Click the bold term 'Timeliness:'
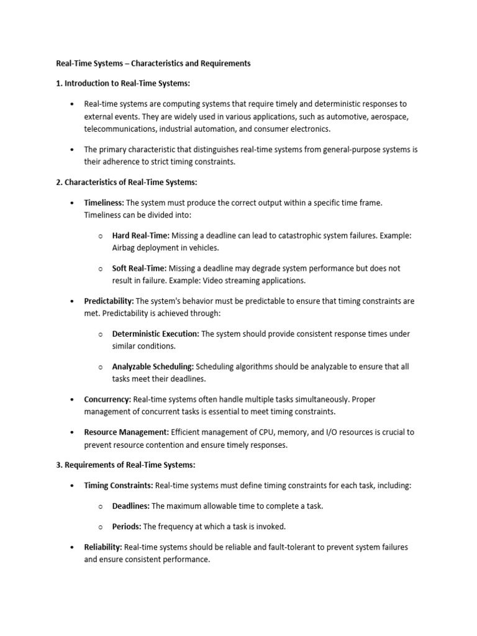[104, 202]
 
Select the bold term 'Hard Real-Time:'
[141, 236]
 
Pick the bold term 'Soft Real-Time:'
[139, 268]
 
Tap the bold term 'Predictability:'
[109, 301]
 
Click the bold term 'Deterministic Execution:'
[155, 334]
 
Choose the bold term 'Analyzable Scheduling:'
[153, 366]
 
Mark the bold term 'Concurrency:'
[107, 399]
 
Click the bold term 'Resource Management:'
[126, 432]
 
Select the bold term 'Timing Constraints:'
[119, 485]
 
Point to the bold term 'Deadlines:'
[130, 506]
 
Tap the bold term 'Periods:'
[127, 527]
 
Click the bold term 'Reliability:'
[103, 547]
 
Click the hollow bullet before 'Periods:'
[101, 527]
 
